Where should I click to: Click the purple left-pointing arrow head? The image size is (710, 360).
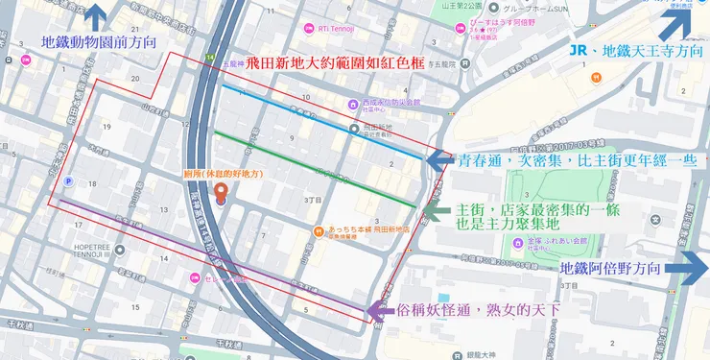click(x=378, y=311)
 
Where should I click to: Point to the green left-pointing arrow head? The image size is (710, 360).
click(x=431, y=210)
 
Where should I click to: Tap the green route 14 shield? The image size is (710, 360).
click(x=208, y=58)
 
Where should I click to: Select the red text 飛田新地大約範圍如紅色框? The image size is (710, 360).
click(x=328, y=64)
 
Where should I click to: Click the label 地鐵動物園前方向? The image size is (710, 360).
click(x=100, y=44)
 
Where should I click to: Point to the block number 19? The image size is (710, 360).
click(x=107, y=126)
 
